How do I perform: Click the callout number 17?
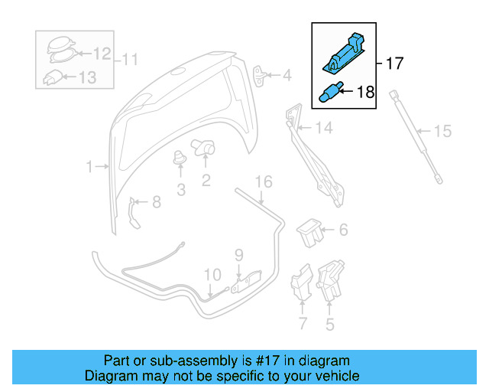(x=393, y=64)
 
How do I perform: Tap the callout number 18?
(x=365, y=93)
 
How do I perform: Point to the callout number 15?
(x=442, y=131)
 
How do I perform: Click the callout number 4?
(x=287, y=76)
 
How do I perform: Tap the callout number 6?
(x=343, y=229)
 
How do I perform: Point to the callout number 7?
(x=302, y=324)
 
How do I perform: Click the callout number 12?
(x=102, y=54)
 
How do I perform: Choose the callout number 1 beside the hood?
(x=89, y=166)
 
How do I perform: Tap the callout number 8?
(x=156, y=202)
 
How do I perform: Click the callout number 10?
(x=212, y=274)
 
